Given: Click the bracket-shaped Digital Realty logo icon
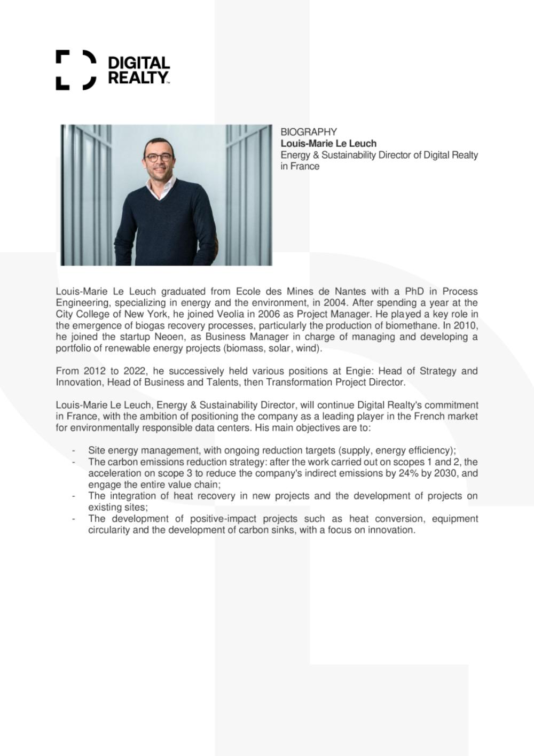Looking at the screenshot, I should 76,70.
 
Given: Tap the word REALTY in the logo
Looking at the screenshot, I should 138,78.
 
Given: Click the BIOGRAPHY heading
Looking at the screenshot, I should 309,132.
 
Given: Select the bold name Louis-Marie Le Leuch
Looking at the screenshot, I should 328,143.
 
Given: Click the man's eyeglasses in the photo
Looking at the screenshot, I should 159,157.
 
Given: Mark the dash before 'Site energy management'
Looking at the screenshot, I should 74,450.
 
